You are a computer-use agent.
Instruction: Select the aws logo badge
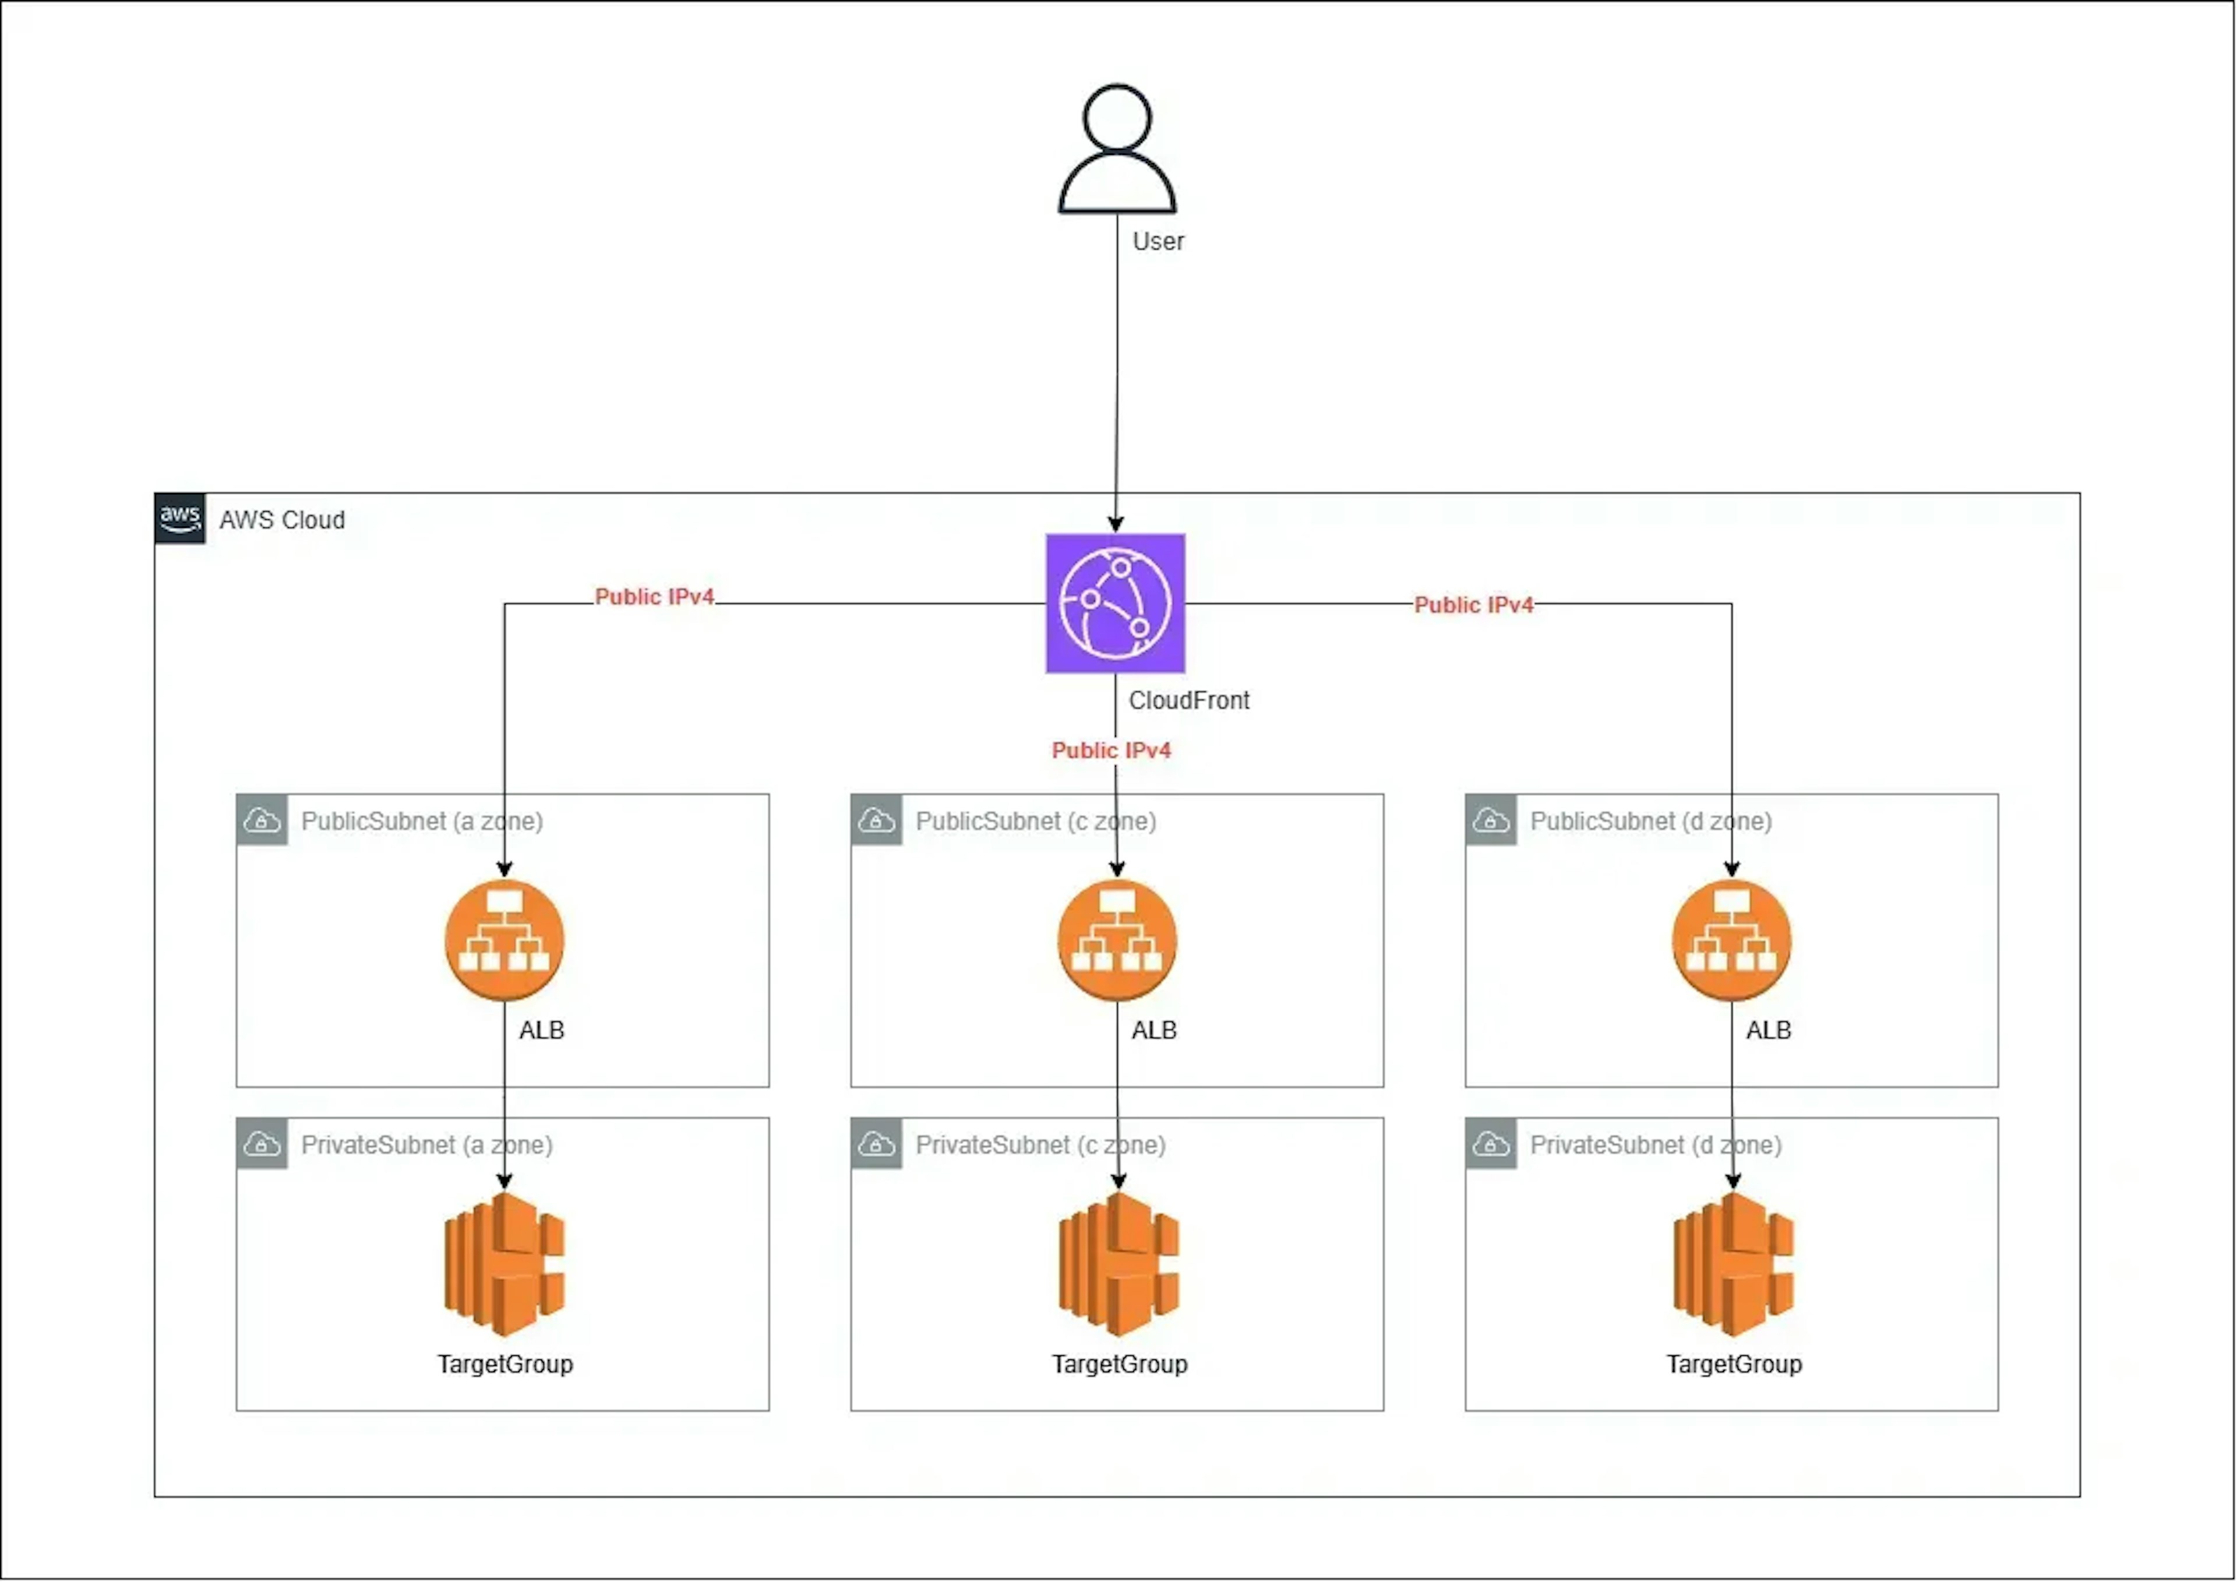[x=180, y=517]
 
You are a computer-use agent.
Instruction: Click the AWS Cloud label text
[x=281, y=520]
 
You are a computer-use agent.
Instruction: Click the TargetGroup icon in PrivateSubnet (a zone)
[x=504, y=1263]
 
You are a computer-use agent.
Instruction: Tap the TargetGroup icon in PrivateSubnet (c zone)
[x=1118, y=1263]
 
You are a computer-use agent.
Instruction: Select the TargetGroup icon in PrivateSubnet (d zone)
[x=1733, y=1263]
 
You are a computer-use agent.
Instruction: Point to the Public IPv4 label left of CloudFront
[x=654, y=597]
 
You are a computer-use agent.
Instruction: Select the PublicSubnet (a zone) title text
[x=422, y=822]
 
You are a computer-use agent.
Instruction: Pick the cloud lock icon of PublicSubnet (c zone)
[x=876, y=821]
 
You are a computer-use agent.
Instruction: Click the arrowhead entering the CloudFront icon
[x=1116, y=524]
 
